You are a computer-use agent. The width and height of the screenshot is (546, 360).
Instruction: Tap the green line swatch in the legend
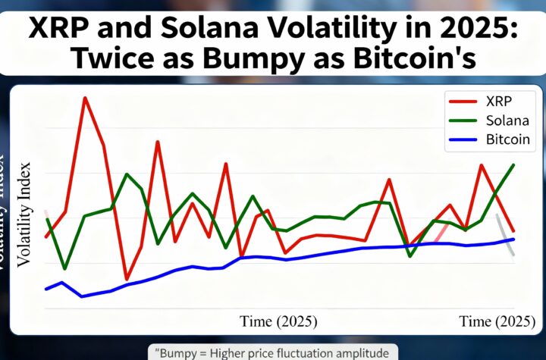click(x=460, y=121)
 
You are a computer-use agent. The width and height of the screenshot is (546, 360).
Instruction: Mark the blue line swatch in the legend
click(x=460, y=140)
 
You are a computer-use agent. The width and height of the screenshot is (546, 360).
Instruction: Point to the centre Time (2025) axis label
click(x=278, y=321)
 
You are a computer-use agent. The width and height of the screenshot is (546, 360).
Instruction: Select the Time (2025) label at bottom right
click(x=497, y=321)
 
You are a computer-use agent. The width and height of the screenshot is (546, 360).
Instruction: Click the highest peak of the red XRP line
click(x=84, y=98)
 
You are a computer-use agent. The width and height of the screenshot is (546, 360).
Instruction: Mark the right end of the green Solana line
click(x=514, y=164)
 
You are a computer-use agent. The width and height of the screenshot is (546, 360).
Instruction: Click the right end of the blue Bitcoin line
click(x=514, y=239)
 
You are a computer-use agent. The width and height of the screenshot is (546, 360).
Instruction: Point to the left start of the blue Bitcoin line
click(x=46, y=289)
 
